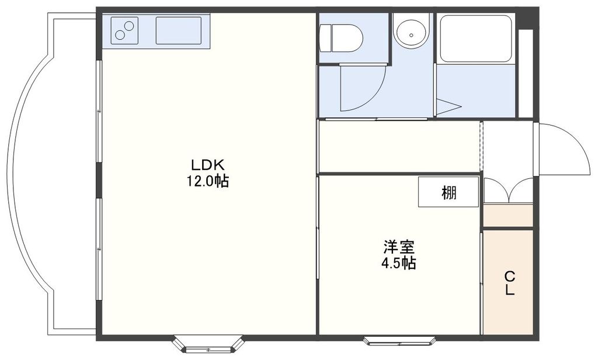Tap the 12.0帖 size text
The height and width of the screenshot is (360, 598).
207,181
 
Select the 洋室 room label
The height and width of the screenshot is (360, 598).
398,247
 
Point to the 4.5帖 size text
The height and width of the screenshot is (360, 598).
398,263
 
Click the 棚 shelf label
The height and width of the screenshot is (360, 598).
448,192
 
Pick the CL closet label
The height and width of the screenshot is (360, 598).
509,283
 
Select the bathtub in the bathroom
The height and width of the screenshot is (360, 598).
475,38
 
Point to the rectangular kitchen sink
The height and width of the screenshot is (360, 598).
179,30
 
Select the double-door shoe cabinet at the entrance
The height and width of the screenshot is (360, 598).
507,191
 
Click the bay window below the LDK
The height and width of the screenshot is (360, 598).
208,344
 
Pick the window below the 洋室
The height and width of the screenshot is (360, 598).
399,340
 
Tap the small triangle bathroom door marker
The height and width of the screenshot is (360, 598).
448,106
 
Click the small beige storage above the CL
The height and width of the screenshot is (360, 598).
507,216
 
